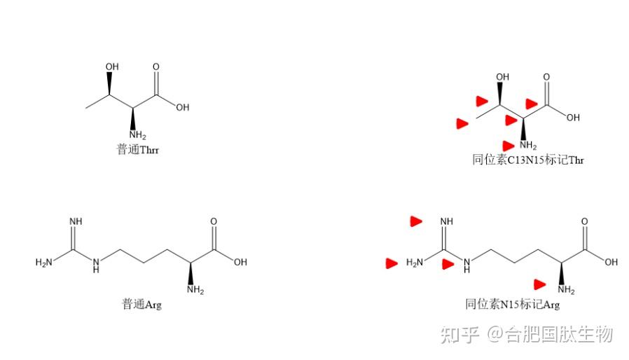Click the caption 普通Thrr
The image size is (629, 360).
pos(137,150)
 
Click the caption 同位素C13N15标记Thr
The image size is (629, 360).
pos(527,160)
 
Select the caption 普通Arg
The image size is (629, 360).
pos(141,304)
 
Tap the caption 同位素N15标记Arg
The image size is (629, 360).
pos(513,304)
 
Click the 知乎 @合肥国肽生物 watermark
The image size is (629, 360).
pos(526,335)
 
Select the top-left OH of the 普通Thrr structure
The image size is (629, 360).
pos(111,67)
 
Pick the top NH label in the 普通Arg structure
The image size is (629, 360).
pos(75,222)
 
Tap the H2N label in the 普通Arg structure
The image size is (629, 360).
pos(44,263)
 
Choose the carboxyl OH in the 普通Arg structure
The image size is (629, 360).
pos(240,263)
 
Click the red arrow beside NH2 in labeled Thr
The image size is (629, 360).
pos(508,145)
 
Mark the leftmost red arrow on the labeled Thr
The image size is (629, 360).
pos(462,124)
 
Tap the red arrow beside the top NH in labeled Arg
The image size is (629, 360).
pos(416,221)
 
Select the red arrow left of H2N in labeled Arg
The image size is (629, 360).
pos(392,263)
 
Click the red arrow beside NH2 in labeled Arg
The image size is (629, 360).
pos(539,284)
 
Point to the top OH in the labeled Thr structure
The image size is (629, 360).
pos(502,77)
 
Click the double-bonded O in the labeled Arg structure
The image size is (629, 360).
pos(584,222)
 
